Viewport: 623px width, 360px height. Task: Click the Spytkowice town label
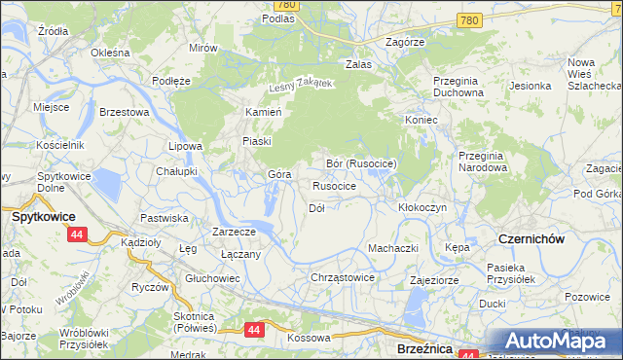tap(39, 217)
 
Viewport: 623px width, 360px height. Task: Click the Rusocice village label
tap(334, 185)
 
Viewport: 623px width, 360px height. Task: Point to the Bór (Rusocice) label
tap(361, 163)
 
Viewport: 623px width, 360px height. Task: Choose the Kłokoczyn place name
tap(422, 207)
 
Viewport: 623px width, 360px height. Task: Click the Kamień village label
tap(263, 112)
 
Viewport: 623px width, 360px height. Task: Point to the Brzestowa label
tap(124, 112)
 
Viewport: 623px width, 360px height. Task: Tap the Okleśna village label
tap(110, 53)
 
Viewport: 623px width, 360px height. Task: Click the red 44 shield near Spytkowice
tap(78, 234)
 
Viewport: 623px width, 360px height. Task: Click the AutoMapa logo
tap(553, 342)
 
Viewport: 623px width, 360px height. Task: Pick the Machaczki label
tap(393, 248)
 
